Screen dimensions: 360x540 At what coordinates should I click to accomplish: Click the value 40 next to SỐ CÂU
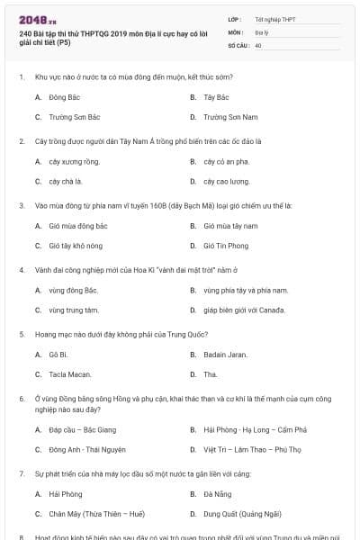pos(258,44)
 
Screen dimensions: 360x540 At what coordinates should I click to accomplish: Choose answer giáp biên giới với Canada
pos(247,310)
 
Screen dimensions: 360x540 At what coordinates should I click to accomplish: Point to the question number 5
pos(22,334)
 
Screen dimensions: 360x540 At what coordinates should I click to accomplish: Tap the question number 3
pos(22,205)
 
